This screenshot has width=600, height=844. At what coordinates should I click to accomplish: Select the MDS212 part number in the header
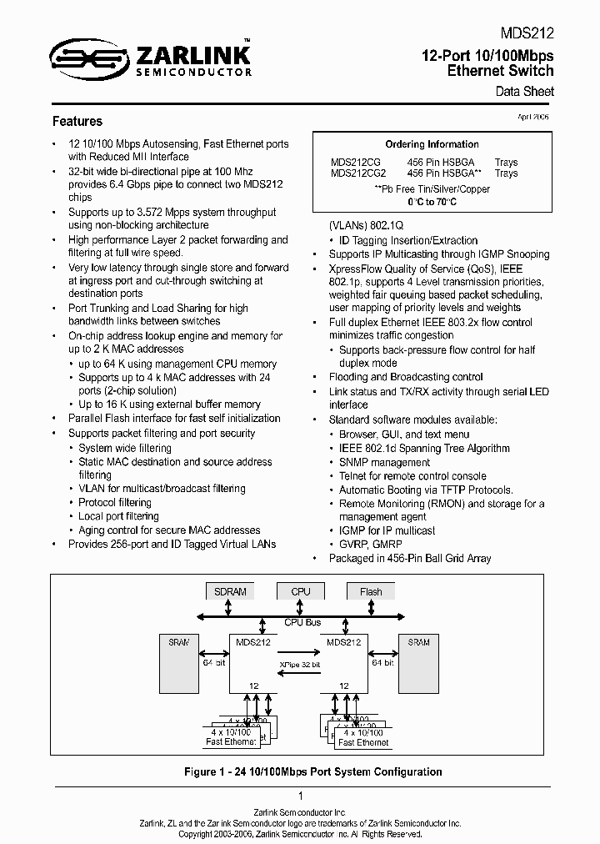527,34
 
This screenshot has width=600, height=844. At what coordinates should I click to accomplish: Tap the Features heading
77,122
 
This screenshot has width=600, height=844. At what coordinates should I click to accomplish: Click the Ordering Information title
432,144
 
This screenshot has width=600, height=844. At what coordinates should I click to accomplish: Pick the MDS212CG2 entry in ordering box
358,173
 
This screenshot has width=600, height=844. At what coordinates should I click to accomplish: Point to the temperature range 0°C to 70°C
432,203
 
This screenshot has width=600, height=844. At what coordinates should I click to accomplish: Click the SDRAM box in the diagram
230,592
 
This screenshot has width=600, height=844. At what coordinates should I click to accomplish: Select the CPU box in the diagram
301,592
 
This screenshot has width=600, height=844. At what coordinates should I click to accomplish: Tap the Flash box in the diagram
371,592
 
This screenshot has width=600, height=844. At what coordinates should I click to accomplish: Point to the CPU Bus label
302,622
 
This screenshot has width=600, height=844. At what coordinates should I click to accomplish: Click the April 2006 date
533,118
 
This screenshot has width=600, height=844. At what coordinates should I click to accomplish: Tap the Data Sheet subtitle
524,92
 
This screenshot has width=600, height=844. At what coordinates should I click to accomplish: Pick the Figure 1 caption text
312,772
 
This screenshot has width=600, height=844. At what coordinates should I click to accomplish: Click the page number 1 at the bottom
300,796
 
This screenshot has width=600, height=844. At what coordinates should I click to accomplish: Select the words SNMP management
372,462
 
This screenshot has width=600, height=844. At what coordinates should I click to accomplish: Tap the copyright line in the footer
300,833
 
